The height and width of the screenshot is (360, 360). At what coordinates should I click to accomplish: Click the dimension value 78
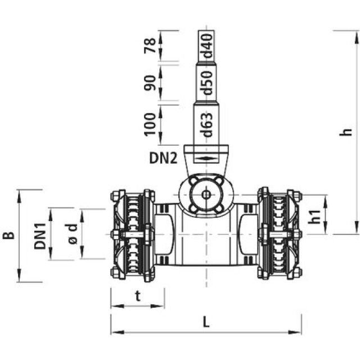[150, 45]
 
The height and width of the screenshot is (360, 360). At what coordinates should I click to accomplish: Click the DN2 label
[164, 158]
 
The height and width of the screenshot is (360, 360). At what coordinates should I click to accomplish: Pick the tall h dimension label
[348, 132]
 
